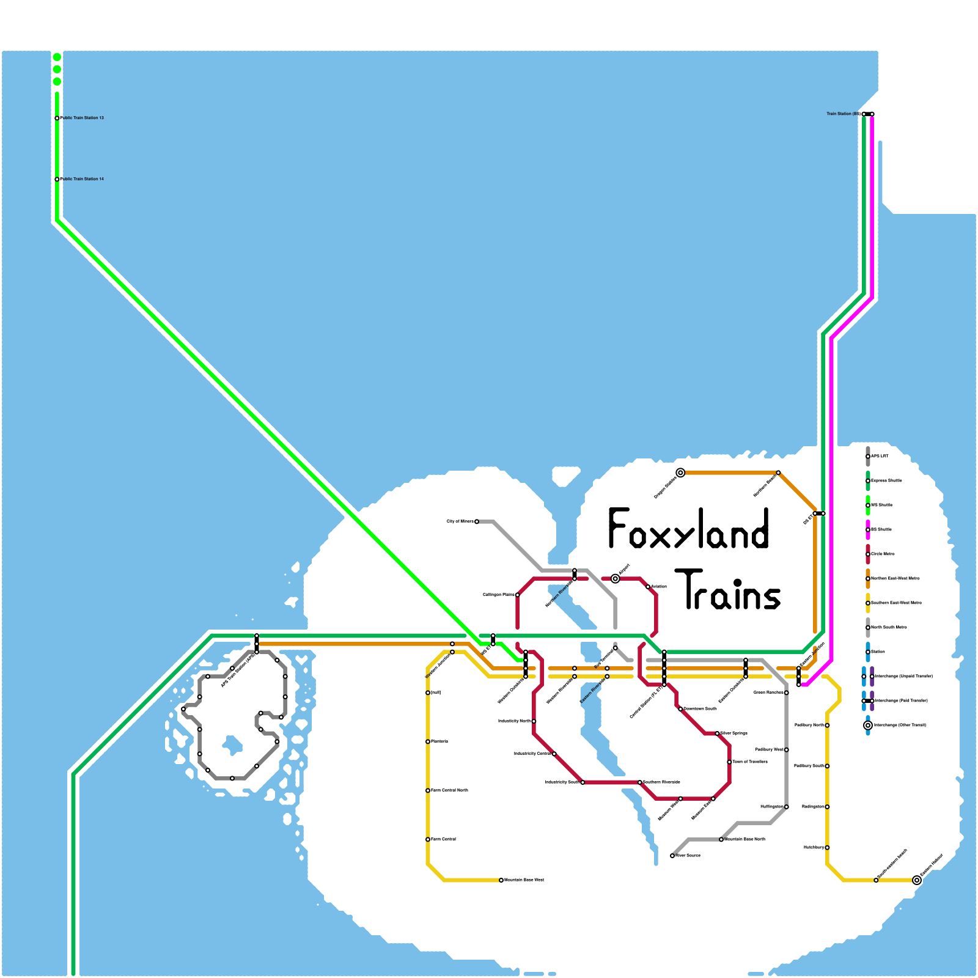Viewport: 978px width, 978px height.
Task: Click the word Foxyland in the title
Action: click(688, 529)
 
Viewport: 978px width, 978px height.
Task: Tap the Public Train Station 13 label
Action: click(83, 118)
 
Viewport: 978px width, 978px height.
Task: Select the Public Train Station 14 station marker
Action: click(57, 179)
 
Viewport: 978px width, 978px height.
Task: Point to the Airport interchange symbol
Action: click(616, 579)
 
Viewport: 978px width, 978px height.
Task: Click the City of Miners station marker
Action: click(477, 521)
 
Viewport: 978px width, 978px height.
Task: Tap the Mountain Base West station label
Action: click(524, 880)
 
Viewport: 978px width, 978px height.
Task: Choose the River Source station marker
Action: click(672, 856)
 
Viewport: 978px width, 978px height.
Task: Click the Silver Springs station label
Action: click(733, 733)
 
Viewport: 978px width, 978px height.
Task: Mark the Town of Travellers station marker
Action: click(729, 762)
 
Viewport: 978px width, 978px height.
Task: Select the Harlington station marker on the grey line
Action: click(787, 807)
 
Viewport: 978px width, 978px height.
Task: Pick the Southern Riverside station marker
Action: click(640, 782)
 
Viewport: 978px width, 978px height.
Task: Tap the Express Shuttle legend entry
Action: click(886, 481)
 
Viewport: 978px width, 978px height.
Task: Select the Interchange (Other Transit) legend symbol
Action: click(868, 726)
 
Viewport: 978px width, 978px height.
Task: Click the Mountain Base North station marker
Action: click(721, 840)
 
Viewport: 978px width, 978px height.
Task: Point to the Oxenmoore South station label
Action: click(700, 709)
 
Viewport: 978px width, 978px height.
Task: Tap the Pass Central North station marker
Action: click(428, 790)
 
